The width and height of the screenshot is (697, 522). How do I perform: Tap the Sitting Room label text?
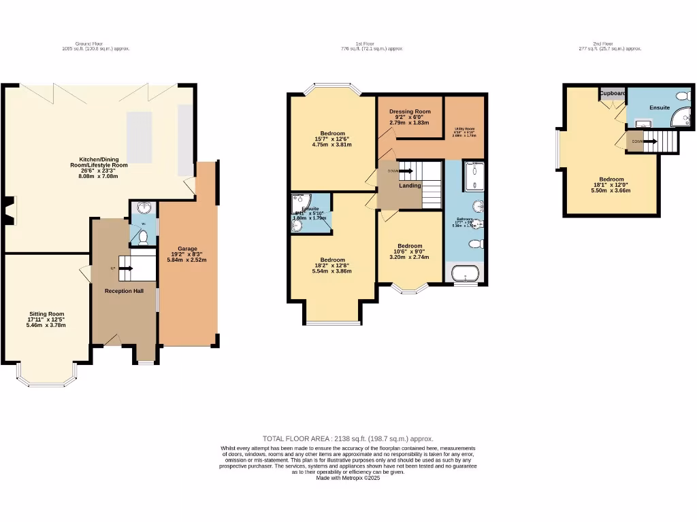[46, 314]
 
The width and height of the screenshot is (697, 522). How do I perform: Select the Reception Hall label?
[124, 291]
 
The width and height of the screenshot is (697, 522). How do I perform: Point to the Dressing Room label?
[410, 111]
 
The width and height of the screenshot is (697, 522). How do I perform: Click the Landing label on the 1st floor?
[410, 186]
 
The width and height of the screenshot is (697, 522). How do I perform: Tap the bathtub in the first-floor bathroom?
[466, 275]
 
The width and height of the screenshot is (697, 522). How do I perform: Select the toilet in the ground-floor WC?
[142, 237]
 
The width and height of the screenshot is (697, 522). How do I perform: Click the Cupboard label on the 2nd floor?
[613, 93]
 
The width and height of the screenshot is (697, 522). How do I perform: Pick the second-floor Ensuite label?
[659, 107]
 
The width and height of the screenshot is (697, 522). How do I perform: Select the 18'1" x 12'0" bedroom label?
[611, 180]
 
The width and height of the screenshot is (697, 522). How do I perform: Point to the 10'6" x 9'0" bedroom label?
[410, 246]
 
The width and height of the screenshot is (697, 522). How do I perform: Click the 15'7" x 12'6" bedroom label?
[333, 133]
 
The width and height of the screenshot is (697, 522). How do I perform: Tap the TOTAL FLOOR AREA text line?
[348, 439]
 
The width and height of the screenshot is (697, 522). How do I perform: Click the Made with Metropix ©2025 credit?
[348, 478]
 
